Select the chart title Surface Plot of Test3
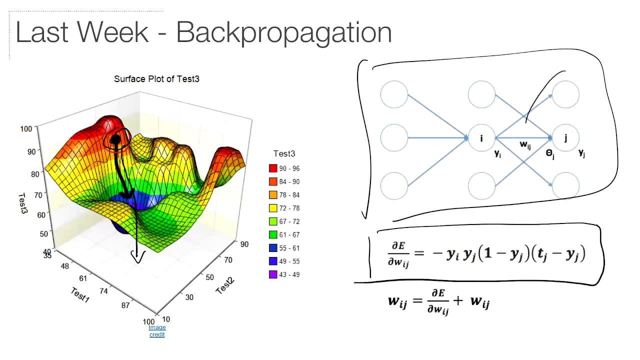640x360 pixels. tap(156, 79)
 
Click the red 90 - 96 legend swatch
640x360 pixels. tap(273, 168)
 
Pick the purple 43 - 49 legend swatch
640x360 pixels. tap(273, 274)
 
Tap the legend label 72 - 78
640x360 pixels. tap(289, 208)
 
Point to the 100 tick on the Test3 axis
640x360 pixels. tap(26, 129)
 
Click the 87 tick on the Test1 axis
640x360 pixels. tap(125, 305)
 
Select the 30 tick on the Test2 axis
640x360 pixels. tap(189, 297)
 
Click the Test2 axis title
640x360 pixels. tap(225, 285)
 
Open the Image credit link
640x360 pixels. tap(157, 331)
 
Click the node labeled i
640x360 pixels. tap(481, 138)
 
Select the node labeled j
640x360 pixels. tap(565, 138)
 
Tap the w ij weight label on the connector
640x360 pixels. tap(525, 145)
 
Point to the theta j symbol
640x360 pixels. tap(550, 154)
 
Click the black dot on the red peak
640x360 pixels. tap(115, 139)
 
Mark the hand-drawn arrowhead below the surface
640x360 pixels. tap(137, 256)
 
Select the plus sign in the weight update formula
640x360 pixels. tap(457, 300)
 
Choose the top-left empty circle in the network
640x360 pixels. tap(394, 94)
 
